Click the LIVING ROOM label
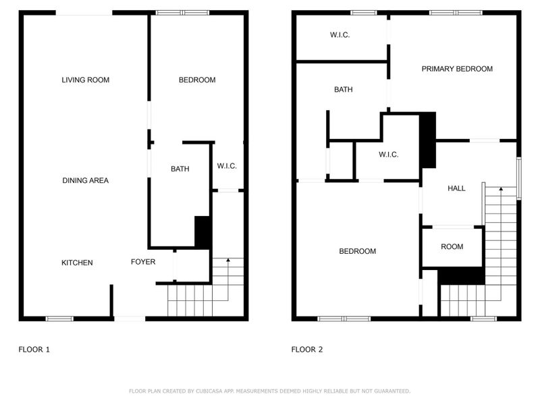[85, 80]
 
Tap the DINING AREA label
[85, 181]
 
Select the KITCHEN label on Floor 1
[77, 263]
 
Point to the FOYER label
[143, 262]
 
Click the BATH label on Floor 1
[180, 169]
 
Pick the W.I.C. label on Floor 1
[226, 166]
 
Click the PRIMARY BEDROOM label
[457, 69]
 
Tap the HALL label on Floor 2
[456, 189]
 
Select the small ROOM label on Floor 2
[452, 247]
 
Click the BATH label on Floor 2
[343, 90]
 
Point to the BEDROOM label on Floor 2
[357, 252]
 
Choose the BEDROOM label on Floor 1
[197, 80]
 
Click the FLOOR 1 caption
[34, 350]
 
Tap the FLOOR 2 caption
[307, 350]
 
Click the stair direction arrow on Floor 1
[228, 259]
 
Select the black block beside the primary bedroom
[428, 140]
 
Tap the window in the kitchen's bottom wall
[59, 318]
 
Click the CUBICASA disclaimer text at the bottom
[269, 391]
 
